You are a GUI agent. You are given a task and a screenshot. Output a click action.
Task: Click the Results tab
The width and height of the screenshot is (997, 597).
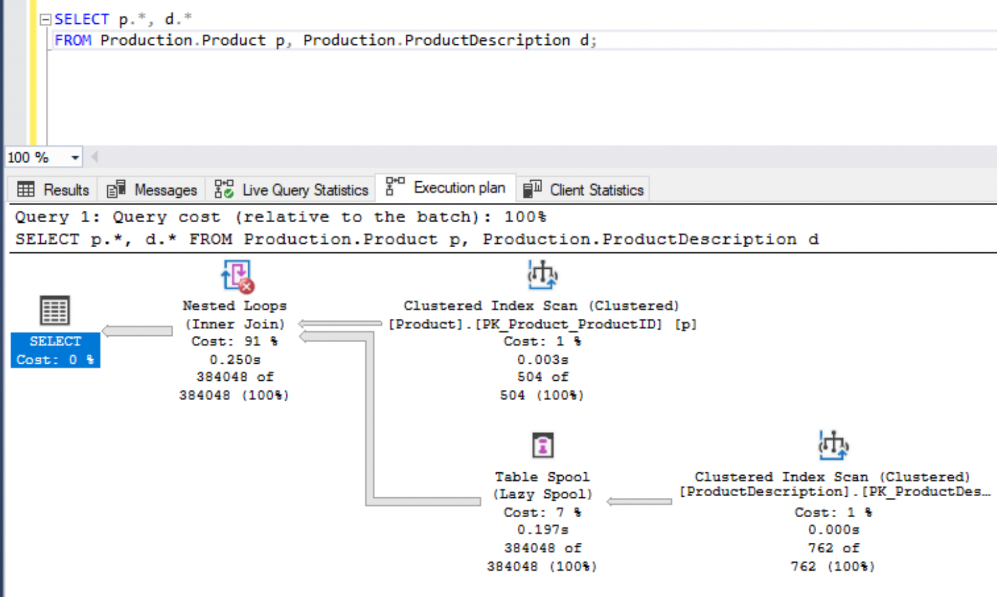(53, 189)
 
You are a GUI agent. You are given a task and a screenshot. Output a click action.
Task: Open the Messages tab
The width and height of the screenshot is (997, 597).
(152, 189)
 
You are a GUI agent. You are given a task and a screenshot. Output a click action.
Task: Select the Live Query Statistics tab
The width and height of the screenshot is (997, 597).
(291, 189)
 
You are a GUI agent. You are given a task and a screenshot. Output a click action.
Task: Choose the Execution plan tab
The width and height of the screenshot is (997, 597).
(445, 188)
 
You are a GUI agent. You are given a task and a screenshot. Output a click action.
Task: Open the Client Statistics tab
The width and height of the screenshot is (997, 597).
(583, 189)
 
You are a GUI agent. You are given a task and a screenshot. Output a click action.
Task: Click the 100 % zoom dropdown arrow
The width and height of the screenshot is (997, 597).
(75, 157)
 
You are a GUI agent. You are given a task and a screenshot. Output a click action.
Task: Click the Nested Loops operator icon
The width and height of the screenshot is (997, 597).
(237, 276)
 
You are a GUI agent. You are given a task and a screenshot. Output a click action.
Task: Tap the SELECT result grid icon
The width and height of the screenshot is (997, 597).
(55, 310)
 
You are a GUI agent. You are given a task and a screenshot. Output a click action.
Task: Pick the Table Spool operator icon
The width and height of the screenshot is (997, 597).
(542, 446)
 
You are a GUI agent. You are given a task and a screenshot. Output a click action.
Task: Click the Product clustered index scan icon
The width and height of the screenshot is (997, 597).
(542, 275)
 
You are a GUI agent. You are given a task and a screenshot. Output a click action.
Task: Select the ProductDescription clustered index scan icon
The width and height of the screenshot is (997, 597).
(833, 446)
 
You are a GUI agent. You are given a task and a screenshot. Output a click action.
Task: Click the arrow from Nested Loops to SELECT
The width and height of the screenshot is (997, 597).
(138, 331)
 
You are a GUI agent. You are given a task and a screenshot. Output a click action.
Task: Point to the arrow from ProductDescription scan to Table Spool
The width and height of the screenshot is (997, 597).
(639, 501)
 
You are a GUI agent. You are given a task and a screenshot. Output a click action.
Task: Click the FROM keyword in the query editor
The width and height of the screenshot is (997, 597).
(73, 40)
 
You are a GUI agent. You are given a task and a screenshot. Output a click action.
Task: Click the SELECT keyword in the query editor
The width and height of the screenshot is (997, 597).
(81, 19)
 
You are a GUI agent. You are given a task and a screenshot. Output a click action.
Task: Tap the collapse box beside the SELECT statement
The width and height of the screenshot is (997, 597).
(45, 20)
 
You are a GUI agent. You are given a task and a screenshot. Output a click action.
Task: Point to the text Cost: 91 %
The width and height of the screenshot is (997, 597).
(234, 341)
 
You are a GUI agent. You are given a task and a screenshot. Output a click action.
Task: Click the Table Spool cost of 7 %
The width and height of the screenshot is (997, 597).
(542, 512)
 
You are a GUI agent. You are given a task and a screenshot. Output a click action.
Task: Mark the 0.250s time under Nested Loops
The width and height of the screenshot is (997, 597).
(235, 359)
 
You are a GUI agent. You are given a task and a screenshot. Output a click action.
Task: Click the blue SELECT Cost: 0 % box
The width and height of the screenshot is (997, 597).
(55, 350)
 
